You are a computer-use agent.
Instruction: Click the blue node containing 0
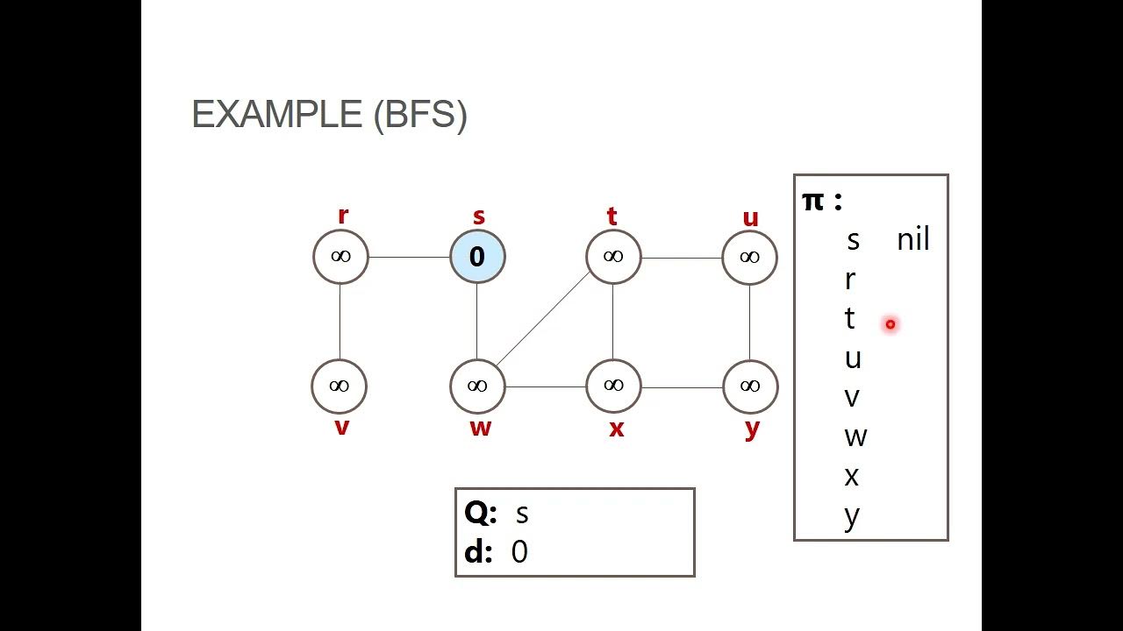pyautogui.click(x=477, y=257)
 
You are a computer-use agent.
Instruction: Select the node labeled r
pyautogui.click(x=340, y=257)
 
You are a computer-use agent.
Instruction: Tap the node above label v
pyautogui.click(x=339, y=386)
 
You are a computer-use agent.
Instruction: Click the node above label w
pyautogui.click(x=477, y=386)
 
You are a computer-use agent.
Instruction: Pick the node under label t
pyautogui.click(x=613, y=257)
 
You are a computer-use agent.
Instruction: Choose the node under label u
pyautogui.click(x=749, y=257)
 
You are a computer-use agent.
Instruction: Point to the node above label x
pyautogui.click(x=613, y=386)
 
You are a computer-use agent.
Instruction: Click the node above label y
pyautogui.click(x=750, y=386)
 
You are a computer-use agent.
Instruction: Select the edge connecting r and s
pyautogui.click(x=409, y=258)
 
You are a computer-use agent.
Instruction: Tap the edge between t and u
pyautogui.click(x=682, y=258)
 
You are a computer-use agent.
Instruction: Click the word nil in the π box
pyautogui.click(x=912, y=239)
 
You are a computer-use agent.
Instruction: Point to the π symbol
pyautogui.click(x=812, y=201)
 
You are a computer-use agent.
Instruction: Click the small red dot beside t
pyautogui.click(x=890, y=324)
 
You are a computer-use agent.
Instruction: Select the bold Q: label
pyautogui.click(x=480, y=513)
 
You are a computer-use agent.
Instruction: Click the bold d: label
pyautogui.click(x=478, y=552)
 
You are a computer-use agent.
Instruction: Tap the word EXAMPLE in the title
pyautogui.click(x=276, y=115)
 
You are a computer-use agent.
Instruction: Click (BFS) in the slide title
pyautogui.click(x=420, y=115)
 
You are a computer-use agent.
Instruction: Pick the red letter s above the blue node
pyautogui.click(x=478, y=216)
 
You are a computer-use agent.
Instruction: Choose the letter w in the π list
pyautogui.click(x=855, y=436)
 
